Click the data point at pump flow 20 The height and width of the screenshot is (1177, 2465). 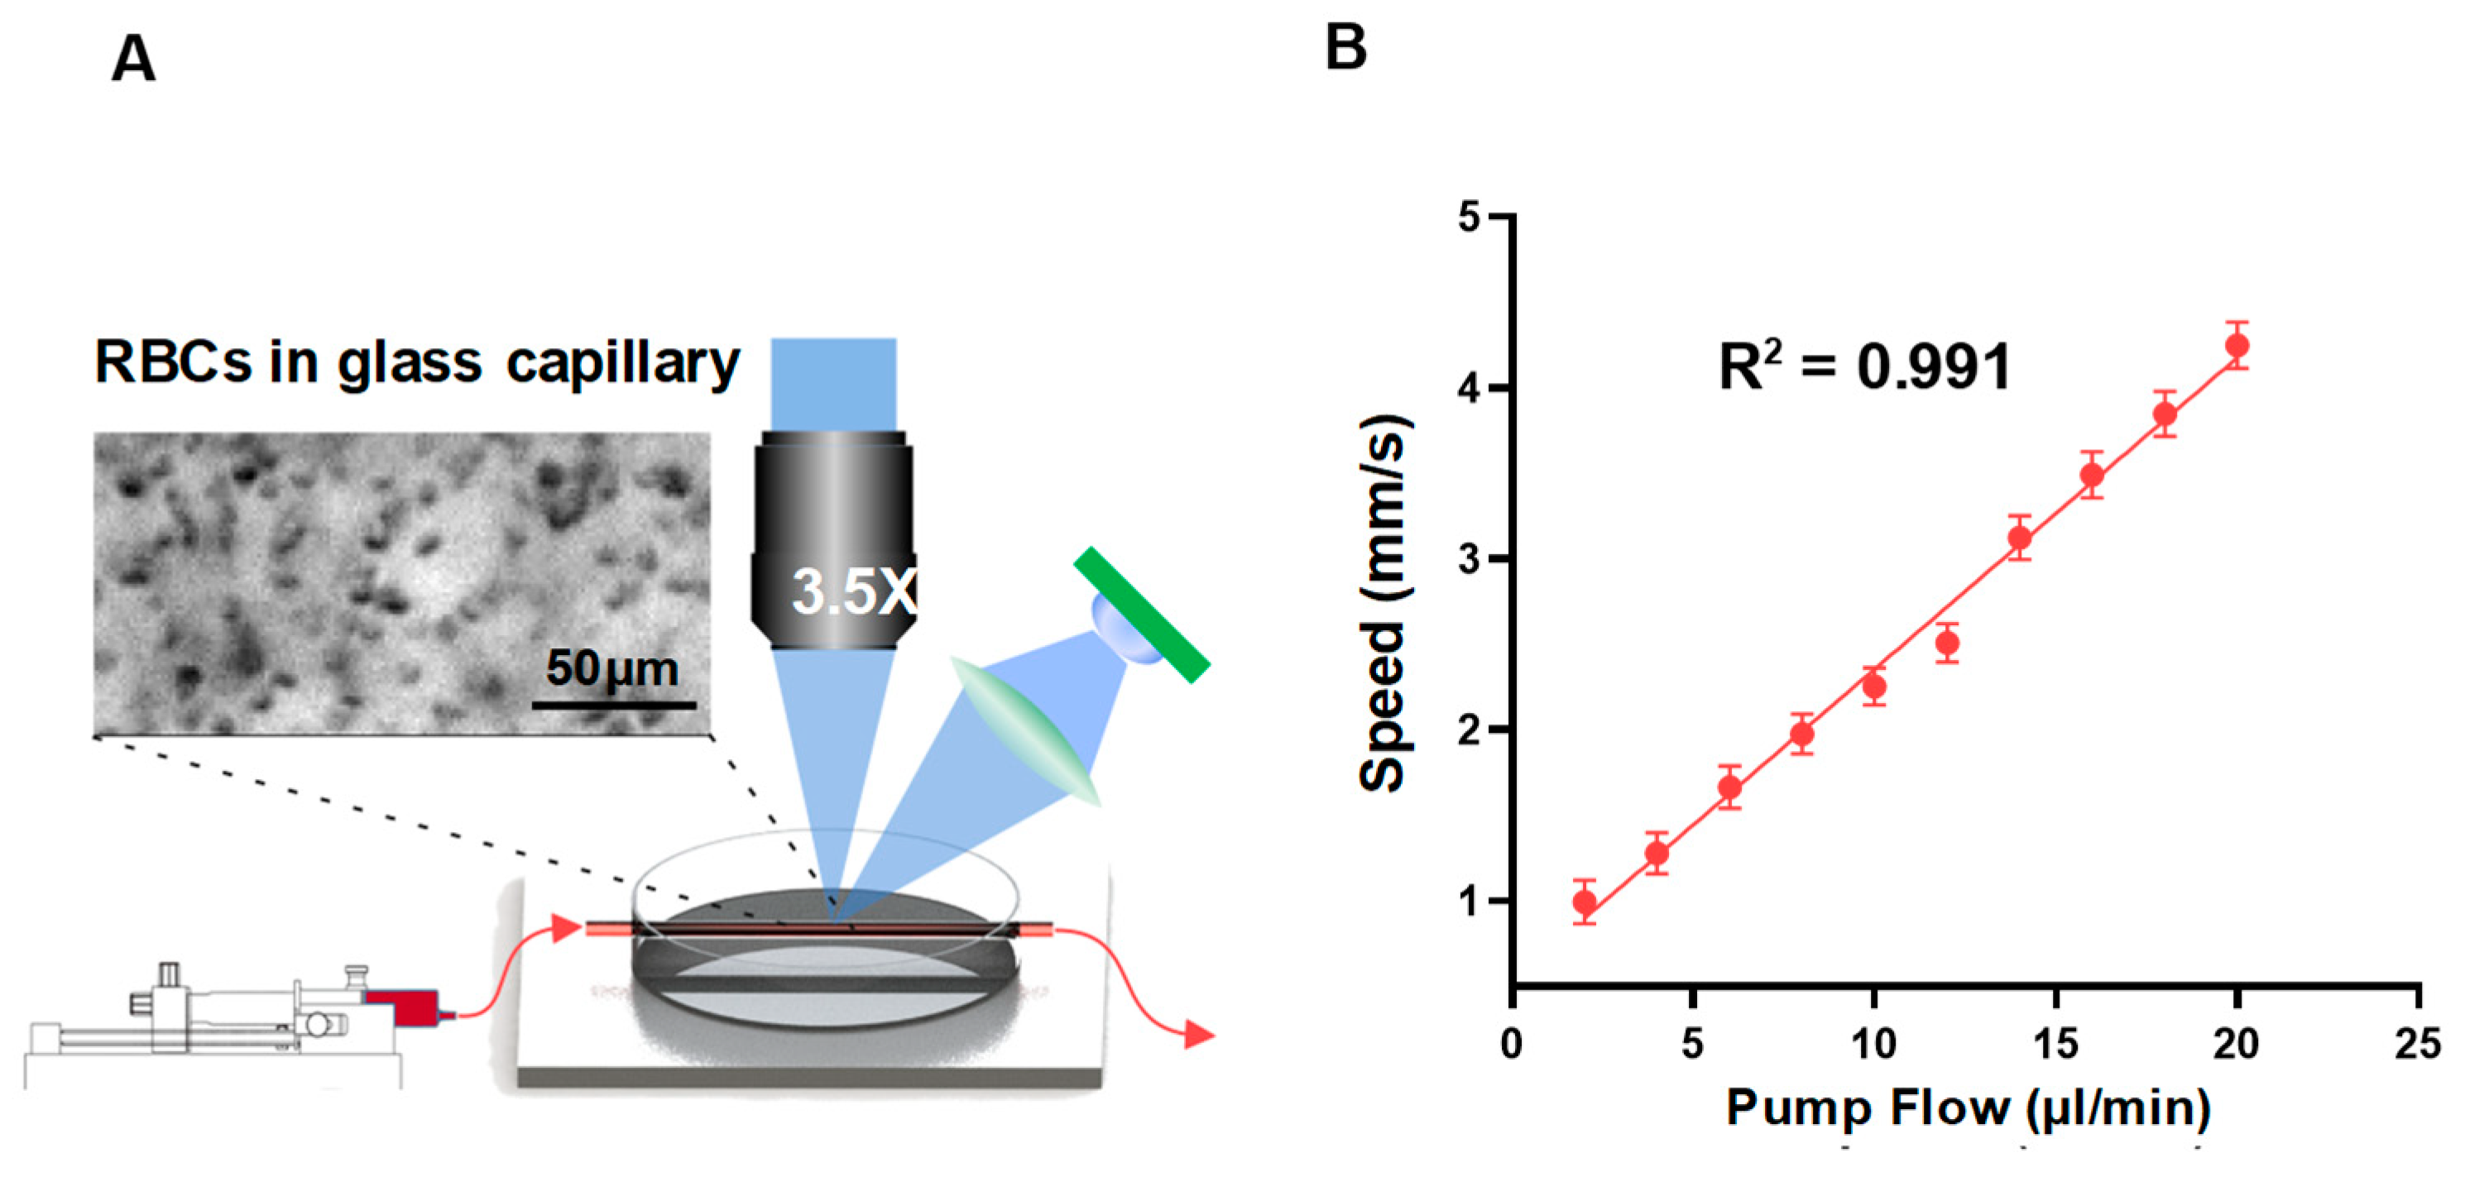coord(2237,346)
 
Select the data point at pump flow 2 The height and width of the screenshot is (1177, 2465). coord(1585,902)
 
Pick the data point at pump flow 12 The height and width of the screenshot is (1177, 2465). coord(1946,643)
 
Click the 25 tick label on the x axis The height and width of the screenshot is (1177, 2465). coord(2417,1043)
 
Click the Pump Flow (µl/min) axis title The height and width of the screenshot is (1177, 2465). coord(1969,1108)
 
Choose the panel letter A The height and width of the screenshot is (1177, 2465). coord(133,60)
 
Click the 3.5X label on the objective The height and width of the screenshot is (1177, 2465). coord(852,591)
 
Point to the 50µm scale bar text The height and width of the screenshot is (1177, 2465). coord(611,668)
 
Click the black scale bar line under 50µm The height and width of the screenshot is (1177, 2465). coord(613,706)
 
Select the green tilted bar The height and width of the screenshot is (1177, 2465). coord(1142,614)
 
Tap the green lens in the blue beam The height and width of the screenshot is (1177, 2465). coord(1024,730)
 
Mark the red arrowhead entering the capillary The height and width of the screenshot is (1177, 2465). coord(567,927)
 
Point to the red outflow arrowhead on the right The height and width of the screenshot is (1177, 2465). coord(1198,1035)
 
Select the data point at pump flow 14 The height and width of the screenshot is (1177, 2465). coord(2019,538)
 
